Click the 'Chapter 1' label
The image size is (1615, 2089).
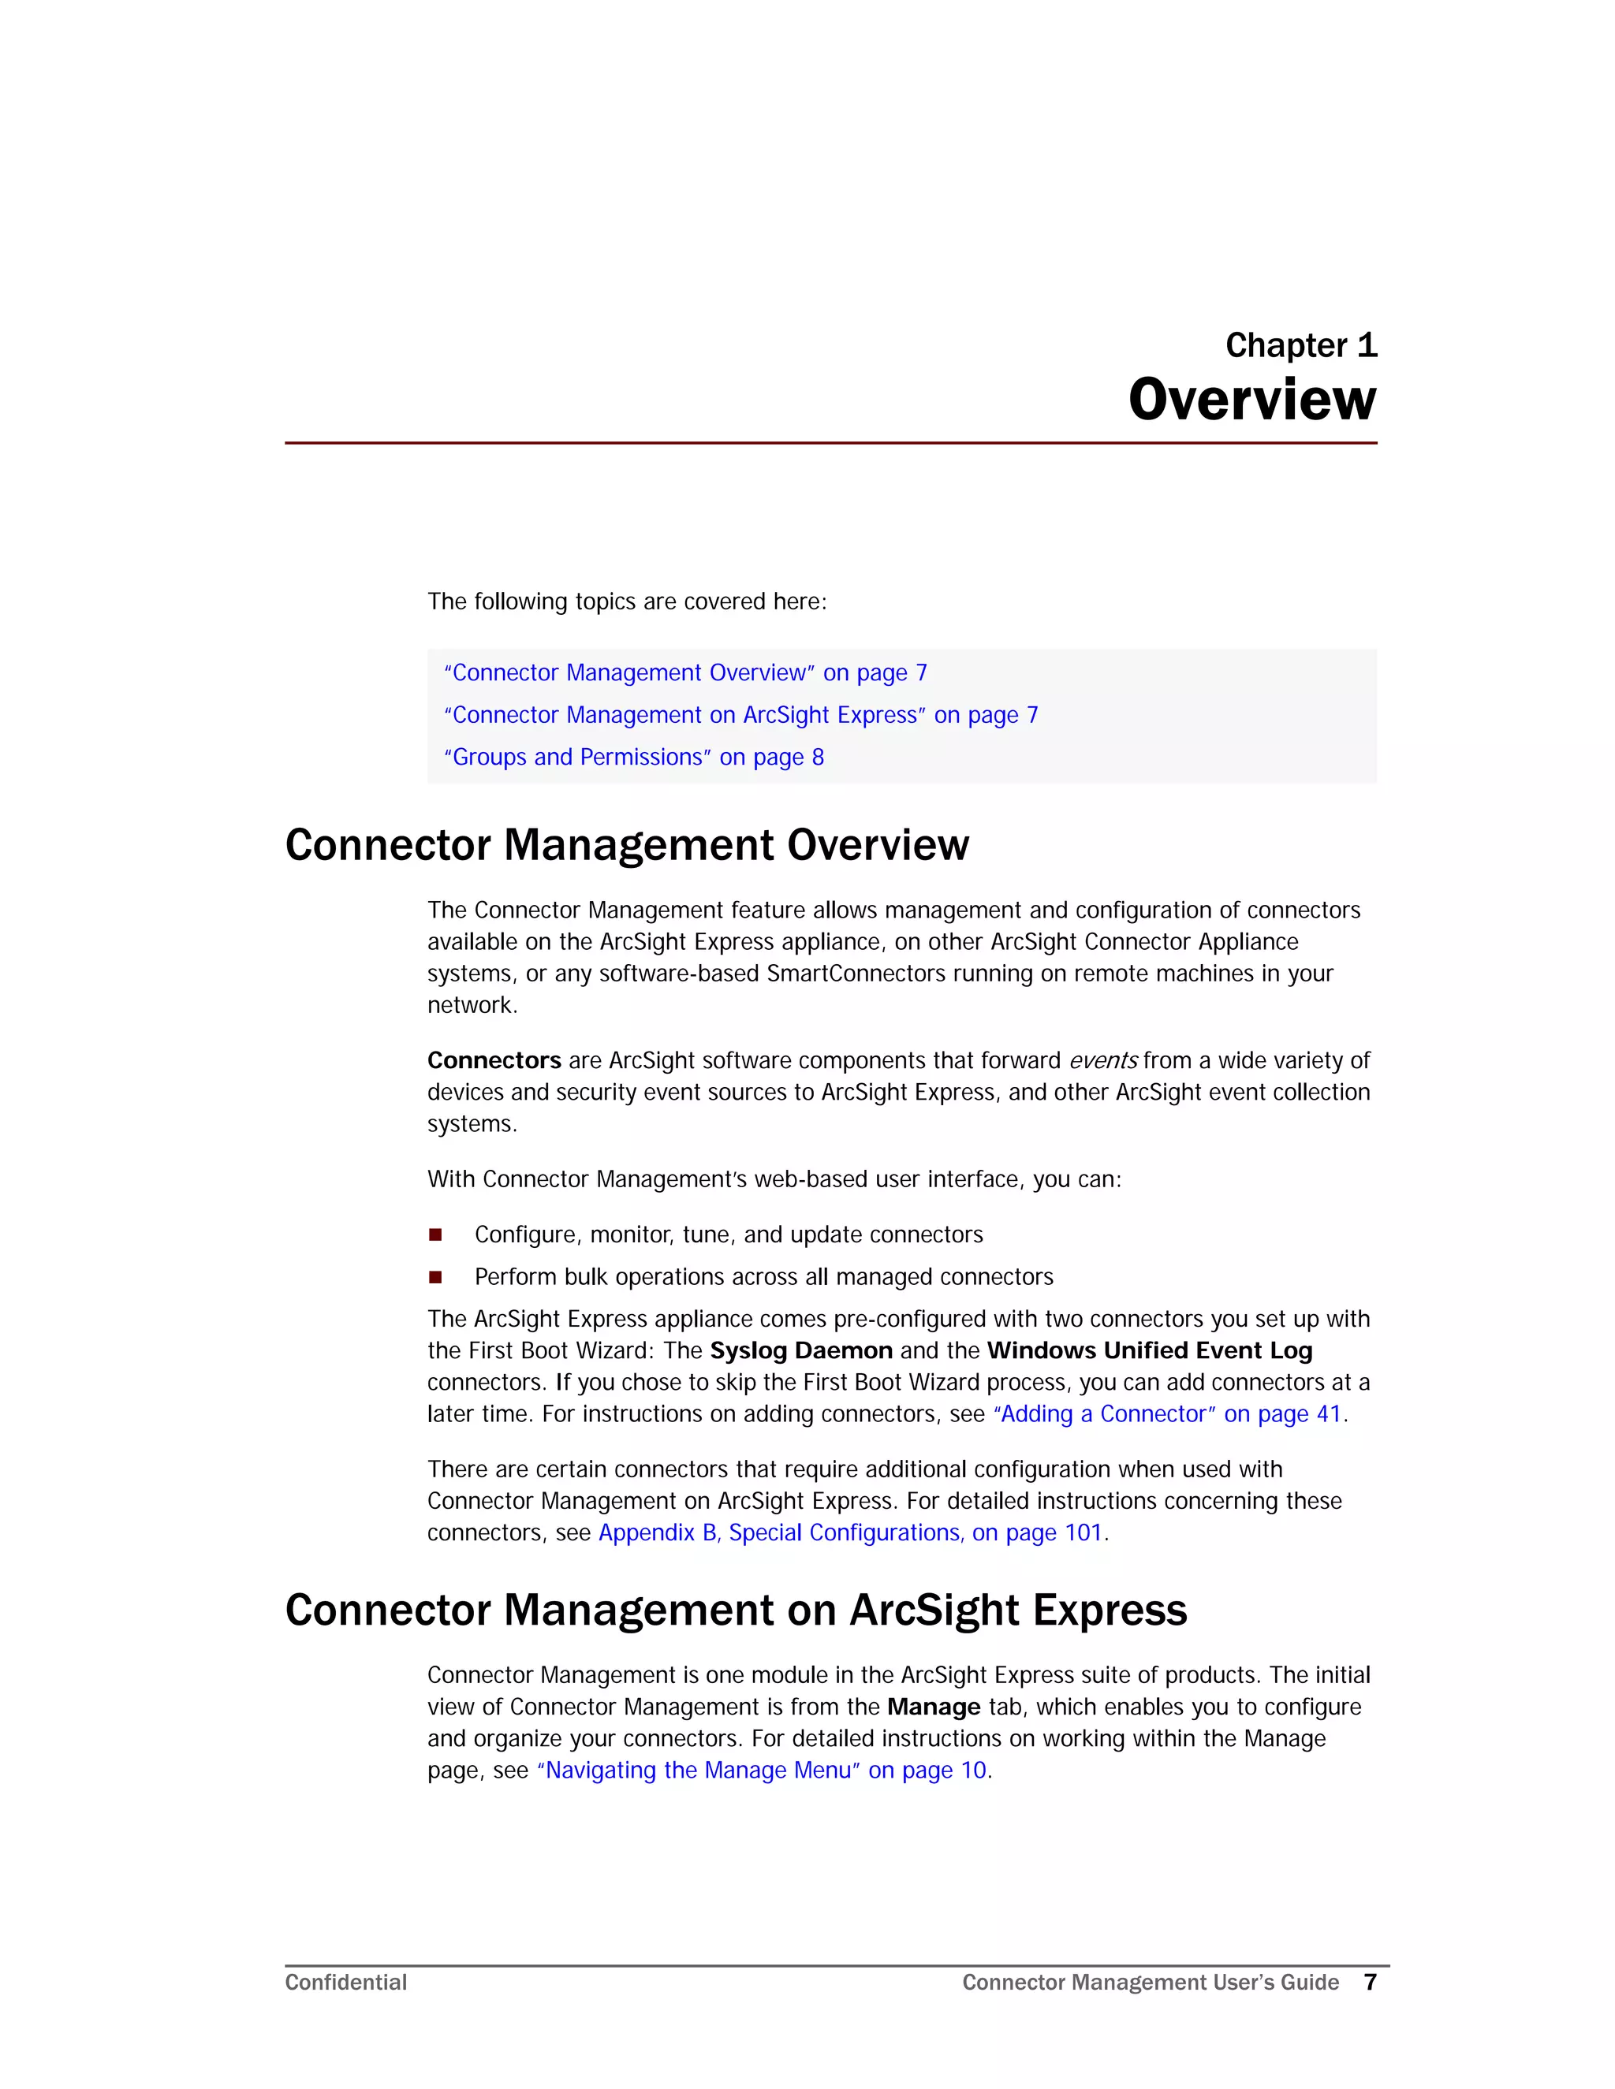point(1300,345)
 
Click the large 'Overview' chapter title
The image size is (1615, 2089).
point(1251,400)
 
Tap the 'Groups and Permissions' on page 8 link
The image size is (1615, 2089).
point(633,757)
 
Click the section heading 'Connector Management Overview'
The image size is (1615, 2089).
point(627,844)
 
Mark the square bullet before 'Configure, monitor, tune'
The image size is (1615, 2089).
point(435,1234)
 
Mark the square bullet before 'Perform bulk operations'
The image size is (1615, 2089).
point(435,1276)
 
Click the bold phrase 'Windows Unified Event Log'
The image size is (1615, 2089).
point(1149,1350)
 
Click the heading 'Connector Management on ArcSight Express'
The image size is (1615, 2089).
point(736,1610)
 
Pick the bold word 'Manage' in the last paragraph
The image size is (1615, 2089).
point(933,1707)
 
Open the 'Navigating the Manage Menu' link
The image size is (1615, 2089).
point(762,1770)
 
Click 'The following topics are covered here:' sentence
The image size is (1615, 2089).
point(627,601)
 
